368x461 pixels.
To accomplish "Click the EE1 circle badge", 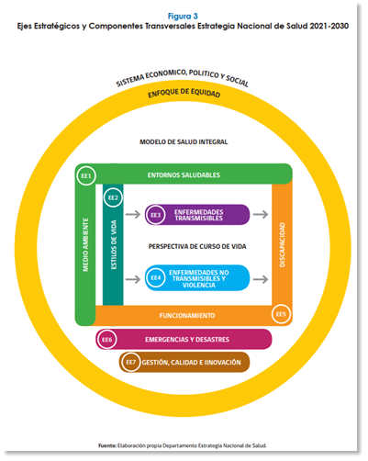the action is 86,175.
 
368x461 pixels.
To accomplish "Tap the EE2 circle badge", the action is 113,197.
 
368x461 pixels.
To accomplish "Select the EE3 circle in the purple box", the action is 155,215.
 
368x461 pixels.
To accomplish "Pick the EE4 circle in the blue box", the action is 155,277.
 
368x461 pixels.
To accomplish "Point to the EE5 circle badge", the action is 281,314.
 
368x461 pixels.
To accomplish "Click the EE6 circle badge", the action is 106,340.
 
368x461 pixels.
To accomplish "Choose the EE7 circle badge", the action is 130,362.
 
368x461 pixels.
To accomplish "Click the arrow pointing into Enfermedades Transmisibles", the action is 133,214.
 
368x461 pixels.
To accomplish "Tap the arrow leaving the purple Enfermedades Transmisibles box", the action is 261,214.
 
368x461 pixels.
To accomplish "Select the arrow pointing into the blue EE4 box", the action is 133,279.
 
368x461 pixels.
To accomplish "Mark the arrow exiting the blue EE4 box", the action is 261,279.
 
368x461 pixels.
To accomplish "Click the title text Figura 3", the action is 183,16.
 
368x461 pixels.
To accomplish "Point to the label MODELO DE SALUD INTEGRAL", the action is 184,141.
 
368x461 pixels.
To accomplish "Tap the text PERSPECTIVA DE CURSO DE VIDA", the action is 197,246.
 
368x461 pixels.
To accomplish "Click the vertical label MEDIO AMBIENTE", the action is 85,244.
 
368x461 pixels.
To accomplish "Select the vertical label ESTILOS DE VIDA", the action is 114,244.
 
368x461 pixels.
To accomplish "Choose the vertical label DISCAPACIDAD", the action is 282,244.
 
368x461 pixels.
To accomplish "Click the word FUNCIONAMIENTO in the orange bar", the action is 187,316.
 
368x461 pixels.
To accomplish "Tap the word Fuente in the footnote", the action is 107,445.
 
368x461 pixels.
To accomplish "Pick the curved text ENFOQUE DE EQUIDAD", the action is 184,93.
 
